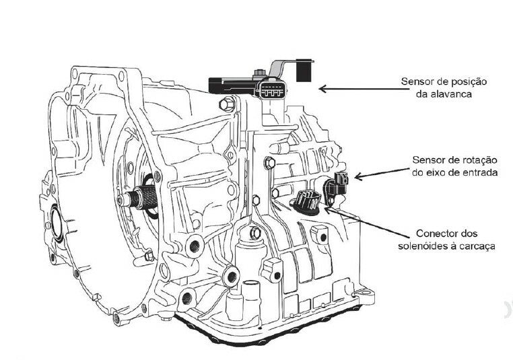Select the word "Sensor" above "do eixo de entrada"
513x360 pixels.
pos(430,159)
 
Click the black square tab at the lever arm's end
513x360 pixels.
pos(306,70)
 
